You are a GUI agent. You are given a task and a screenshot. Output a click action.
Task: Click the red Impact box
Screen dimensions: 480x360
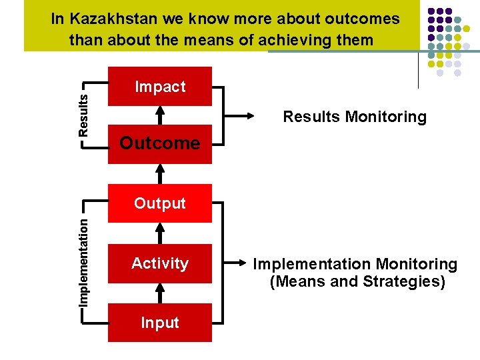click(x=160, y=87)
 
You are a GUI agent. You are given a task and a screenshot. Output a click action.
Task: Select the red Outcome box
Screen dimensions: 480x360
click(x=160, y=143)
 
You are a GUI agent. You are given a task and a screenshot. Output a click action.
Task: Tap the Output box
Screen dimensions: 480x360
click(x=160, y=203)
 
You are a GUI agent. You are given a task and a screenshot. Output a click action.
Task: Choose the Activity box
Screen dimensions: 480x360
click(x=160, y=263)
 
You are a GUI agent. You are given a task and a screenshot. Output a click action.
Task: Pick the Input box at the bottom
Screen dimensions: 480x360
click(x=160, y=323)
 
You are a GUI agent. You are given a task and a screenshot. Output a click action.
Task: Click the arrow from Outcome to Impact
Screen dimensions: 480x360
click(x=160, y=115)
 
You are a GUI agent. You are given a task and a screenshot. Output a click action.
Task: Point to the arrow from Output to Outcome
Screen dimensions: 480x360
click(x=160, y=173)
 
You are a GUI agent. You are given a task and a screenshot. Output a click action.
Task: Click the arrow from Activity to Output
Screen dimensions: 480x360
click(x=160, y=233)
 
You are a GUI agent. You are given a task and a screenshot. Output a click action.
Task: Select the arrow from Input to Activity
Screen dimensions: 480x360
click(x=160, y=293)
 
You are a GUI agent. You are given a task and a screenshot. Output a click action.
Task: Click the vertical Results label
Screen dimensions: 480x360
click(x=83, y=115)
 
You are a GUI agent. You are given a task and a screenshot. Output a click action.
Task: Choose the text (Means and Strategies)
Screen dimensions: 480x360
click(x=357, y=281)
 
